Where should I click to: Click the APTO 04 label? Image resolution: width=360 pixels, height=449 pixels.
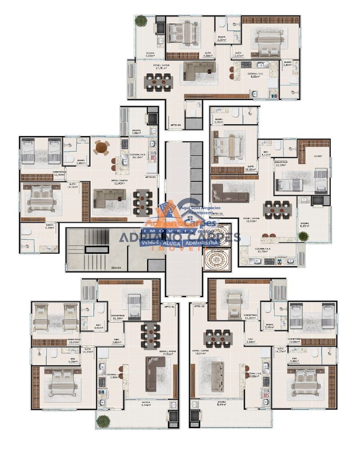pyautogui.click(x=176, y=125)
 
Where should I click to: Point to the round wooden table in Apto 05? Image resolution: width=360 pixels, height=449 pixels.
pyautogui.click(x=102, y=147)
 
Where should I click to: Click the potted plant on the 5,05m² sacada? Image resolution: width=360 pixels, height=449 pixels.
pyautogui.click(x=141, y=21)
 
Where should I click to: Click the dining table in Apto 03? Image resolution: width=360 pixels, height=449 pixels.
pyautogui.click(x=278, y=209)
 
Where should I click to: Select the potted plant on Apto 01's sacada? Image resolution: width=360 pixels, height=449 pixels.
pyautogui.click(x=103, y=421)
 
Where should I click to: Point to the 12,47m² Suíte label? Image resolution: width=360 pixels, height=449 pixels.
pyautogui.click(x=237, y=54)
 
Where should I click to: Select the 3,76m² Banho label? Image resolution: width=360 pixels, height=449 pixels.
pyautogui.click(x=219, y=121)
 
